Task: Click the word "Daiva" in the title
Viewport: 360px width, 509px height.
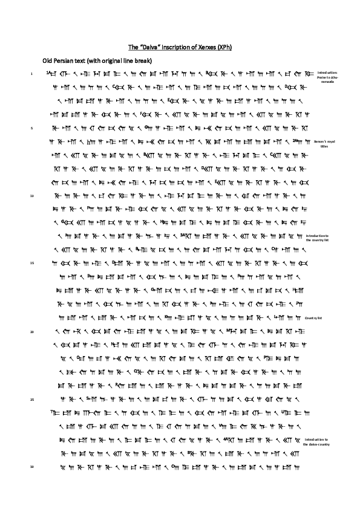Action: pyautogui.click(x=148, y=47)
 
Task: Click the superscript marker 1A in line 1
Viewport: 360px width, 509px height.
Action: pyautogui.click(x=47, y=72)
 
